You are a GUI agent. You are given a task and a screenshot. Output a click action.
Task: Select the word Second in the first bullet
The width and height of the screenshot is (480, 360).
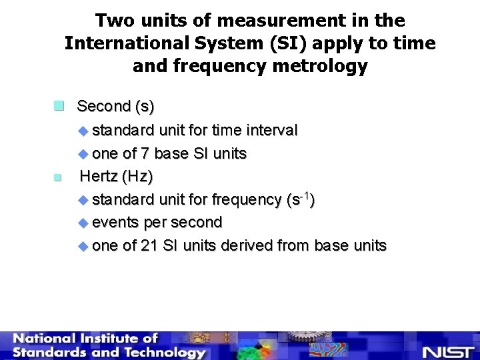(x=103, y=106)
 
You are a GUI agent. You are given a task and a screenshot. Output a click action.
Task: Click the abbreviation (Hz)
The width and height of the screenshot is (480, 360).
(x=139, y=177)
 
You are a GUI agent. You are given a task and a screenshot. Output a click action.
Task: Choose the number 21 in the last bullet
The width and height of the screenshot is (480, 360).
(x=149, y=245)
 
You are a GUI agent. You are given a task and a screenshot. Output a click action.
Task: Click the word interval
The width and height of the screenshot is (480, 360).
(x=271, y=129)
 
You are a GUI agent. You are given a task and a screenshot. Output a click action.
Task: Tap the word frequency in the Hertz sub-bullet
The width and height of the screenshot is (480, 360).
(x=246, y=199)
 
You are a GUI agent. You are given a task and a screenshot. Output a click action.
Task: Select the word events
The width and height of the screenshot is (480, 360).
(x=115, y=222)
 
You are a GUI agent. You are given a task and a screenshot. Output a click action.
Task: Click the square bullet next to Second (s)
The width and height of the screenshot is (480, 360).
(x=59, y=105)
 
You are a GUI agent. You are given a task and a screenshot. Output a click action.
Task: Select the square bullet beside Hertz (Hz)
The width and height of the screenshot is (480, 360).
(x=58, y=177)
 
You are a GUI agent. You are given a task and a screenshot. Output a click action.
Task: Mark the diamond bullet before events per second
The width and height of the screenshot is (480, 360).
(x=83, y=223)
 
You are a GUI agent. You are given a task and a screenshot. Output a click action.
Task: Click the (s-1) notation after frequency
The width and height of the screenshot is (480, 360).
(x=300, y=199)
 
